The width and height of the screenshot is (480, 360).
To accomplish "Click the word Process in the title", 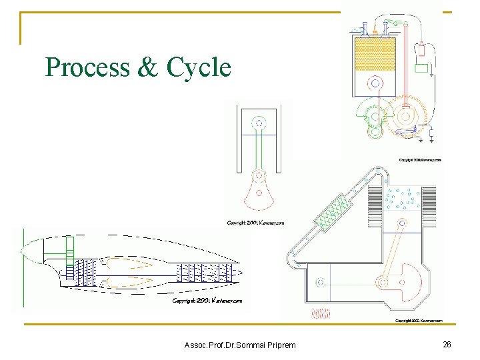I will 87,67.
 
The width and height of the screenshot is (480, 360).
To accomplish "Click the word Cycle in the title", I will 199,67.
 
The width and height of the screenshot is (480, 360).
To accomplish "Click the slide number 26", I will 447,344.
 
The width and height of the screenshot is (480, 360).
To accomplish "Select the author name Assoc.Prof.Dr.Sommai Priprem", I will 240,345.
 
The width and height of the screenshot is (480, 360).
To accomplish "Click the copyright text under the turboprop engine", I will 207,301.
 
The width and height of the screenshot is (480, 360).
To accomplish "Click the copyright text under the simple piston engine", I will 255,223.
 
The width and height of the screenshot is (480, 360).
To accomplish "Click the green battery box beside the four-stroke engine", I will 421,67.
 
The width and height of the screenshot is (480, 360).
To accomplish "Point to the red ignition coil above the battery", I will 421,49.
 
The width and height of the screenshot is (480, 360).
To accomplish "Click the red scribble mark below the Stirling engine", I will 321,313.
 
